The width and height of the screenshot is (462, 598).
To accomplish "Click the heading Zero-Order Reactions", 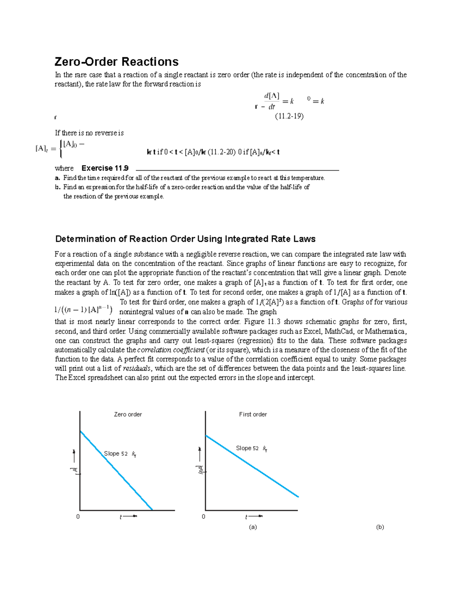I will point(117,62).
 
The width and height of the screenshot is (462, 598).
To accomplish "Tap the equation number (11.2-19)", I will point(289,116).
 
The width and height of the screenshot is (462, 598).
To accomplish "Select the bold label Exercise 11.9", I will point(105,168).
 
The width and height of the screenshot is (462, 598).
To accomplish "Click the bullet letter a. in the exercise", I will point(57,178).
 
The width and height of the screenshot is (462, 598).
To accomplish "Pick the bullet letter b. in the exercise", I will point(57,187).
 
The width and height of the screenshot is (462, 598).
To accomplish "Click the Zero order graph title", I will point(128,414).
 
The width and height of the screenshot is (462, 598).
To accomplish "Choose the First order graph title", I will point(253,414).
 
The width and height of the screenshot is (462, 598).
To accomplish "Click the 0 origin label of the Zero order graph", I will point(78,517).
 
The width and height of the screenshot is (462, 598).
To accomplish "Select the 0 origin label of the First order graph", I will point(204,517).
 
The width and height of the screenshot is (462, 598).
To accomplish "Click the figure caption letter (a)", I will point(253,527).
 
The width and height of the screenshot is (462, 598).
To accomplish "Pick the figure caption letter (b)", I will point(380,527).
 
